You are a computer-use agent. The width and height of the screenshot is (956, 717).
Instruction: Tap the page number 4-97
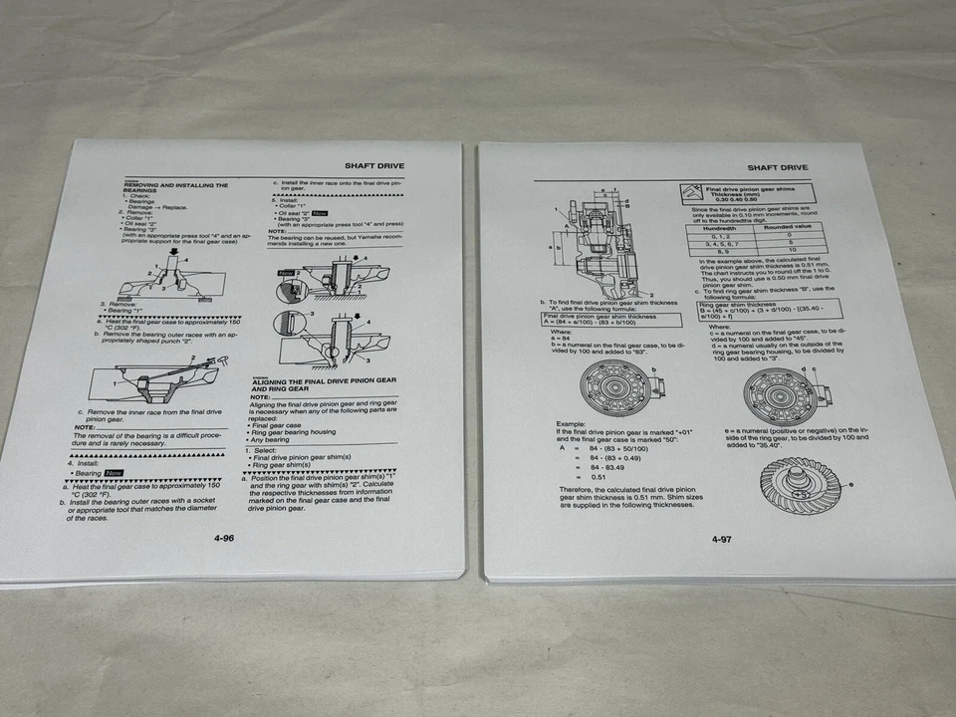[722, 540]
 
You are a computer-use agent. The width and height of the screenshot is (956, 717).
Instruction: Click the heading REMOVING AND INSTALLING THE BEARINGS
[175, 188]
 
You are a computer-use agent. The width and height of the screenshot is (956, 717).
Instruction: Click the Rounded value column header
[792, 228]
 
